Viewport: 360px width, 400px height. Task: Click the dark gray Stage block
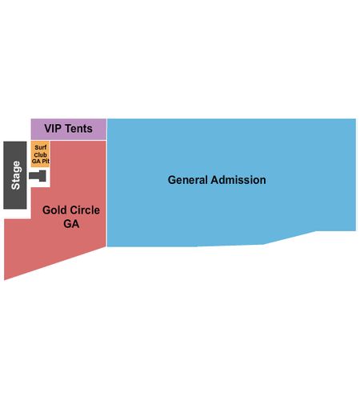pyautogui.click(x=15, y=175)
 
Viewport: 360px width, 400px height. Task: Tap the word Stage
pyautogui.click(x=16, y=175)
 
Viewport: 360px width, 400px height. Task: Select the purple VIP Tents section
pyautogui.click(x=69, y=129)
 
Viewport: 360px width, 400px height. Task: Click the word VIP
pyautogui.click(x=54, y=129)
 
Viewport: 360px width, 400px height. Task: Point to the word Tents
pyautogui.click(x=79, y=129)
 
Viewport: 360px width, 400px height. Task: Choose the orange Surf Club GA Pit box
pyautogui.click(x=40, y=154)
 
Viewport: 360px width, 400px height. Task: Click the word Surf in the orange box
pyautogui.click(x=41, y=147)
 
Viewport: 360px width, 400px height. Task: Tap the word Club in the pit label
pyautogui.click(x=40, y=154)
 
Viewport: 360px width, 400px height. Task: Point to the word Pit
pyautogui.click(x=46, y=162)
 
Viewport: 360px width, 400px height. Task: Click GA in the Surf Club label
pyautogui.click(x=36, y=162)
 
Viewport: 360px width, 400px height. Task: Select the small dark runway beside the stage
pyautogui.click(x=38, y=176)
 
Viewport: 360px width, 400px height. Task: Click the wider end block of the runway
pyautogui.click(x=42, y=176)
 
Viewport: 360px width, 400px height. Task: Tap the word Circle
pyautogui.click(x=85, y=210)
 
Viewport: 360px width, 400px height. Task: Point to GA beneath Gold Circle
pyautogui.click(x=71, y=224)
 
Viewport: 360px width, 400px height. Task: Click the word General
pyautogui.click(x=188, y=180)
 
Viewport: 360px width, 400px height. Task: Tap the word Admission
pyautogui.click(x=238, y=180)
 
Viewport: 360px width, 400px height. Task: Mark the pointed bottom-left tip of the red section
pyautogui.click(x=4, y=280)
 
